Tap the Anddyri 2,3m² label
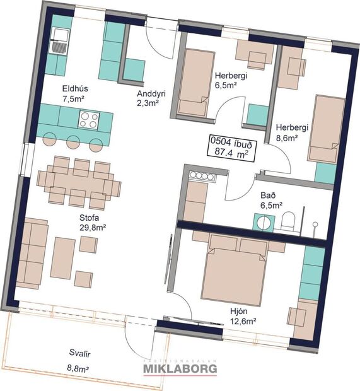pyautogui.click(x=151, y=98)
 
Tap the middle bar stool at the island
pyautogui.click(x=74, y=142)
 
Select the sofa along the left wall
pyautogui.click(x=32, y=252)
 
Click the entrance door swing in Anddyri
pyautogui.click(x=158, y=41)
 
